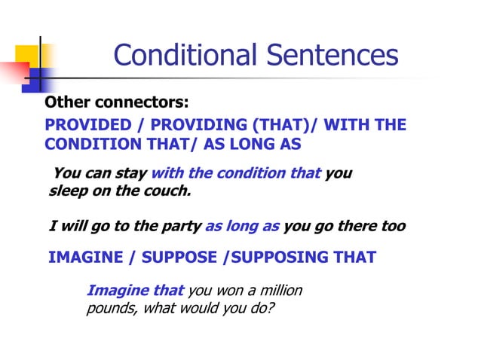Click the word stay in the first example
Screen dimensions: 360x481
click(132, 173)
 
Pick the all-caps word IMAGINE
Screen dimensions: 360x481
click(84, 257)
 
